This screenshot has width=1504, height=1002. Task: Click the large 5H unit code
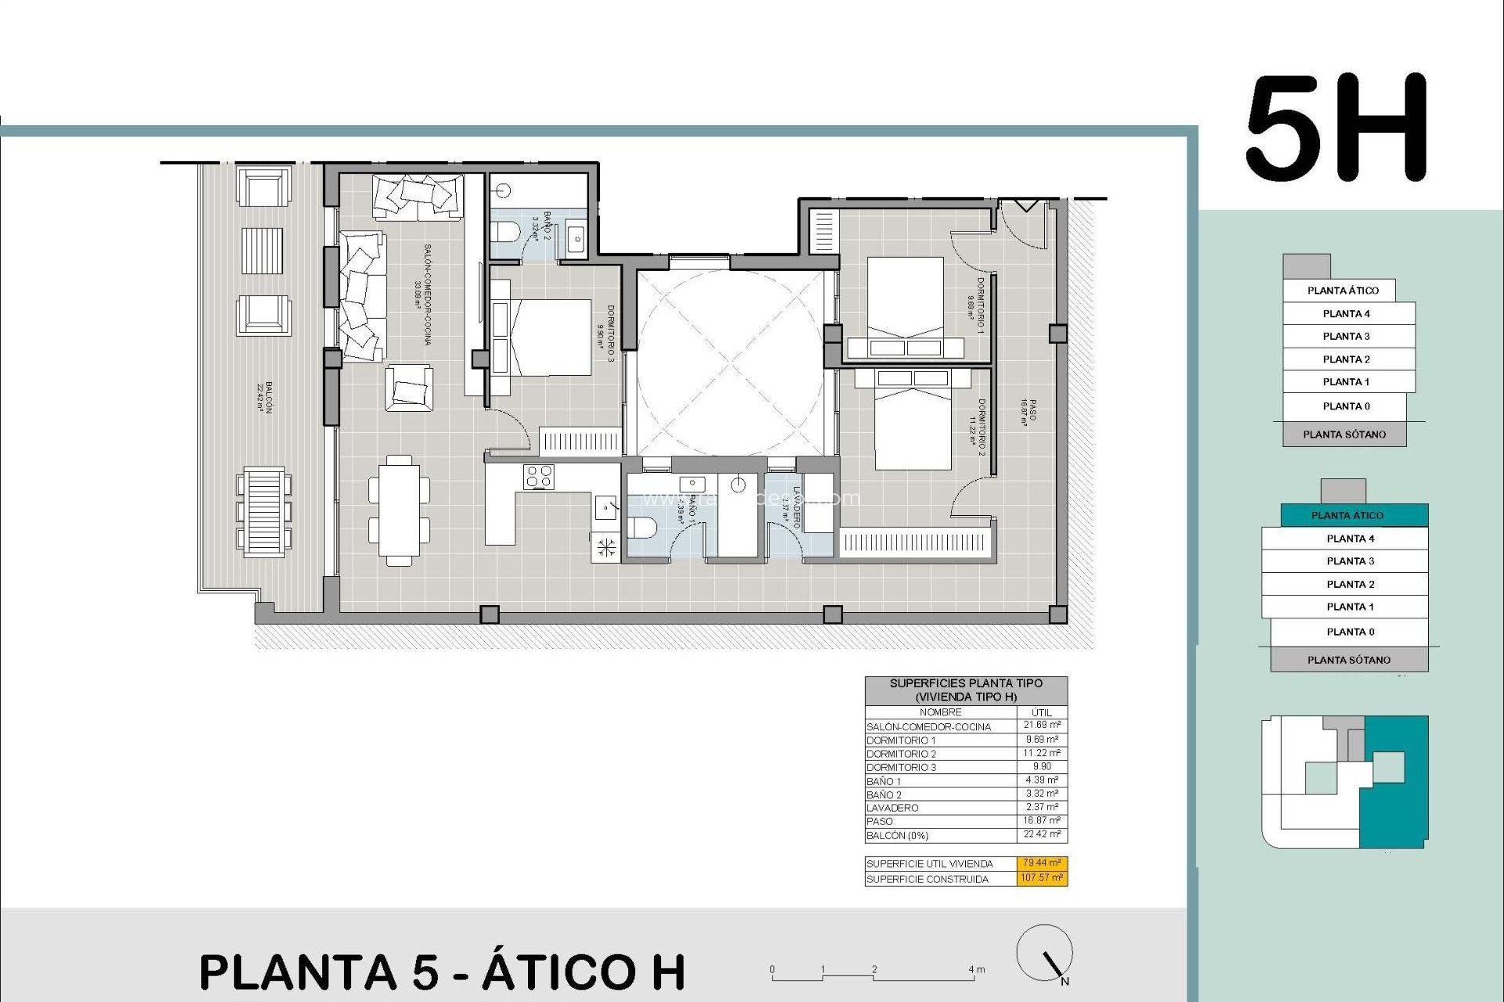point(1336,128)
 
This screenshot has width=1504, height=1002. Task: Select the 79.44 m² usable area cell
point(1042,863)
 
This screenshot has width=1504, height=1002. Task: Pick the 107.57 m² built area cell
point(1042,878)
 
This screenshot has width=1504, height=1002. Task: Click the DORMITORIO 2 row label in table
point(901,754)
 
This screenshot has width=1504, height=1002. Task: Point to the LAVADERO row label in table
point(892,808)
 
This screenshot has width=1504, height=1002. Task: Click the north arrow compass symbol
point(1044,953)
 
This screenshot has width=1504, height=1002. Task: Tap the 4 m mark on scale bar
point(976,970)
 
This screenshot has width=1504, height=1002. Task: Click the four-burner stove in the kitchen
point(539,477)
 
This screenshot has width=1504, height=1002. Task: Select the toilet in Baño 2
point(504,232)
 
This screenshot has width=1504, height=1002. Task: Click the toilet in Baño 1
point(643,528)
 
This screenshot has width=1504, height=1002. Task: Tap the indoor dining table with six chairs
point(399,510)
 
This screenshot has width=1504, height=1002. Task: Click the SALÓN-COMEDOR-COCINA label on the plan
point(423,294)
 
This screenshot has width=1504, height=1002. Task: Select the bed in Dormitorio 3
point(540,337)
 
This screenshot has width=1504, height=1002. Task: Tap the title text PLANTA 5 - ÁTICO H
point(443,972)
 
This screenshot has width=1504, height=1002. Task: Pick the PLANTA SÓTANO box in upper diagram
point(1344,434)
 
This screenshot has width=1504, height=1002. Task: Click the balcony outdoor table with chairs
point(264,512)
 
